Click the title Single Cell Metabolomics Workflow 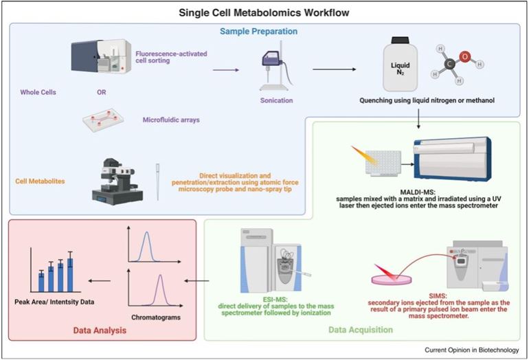(x=264, y=12)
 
